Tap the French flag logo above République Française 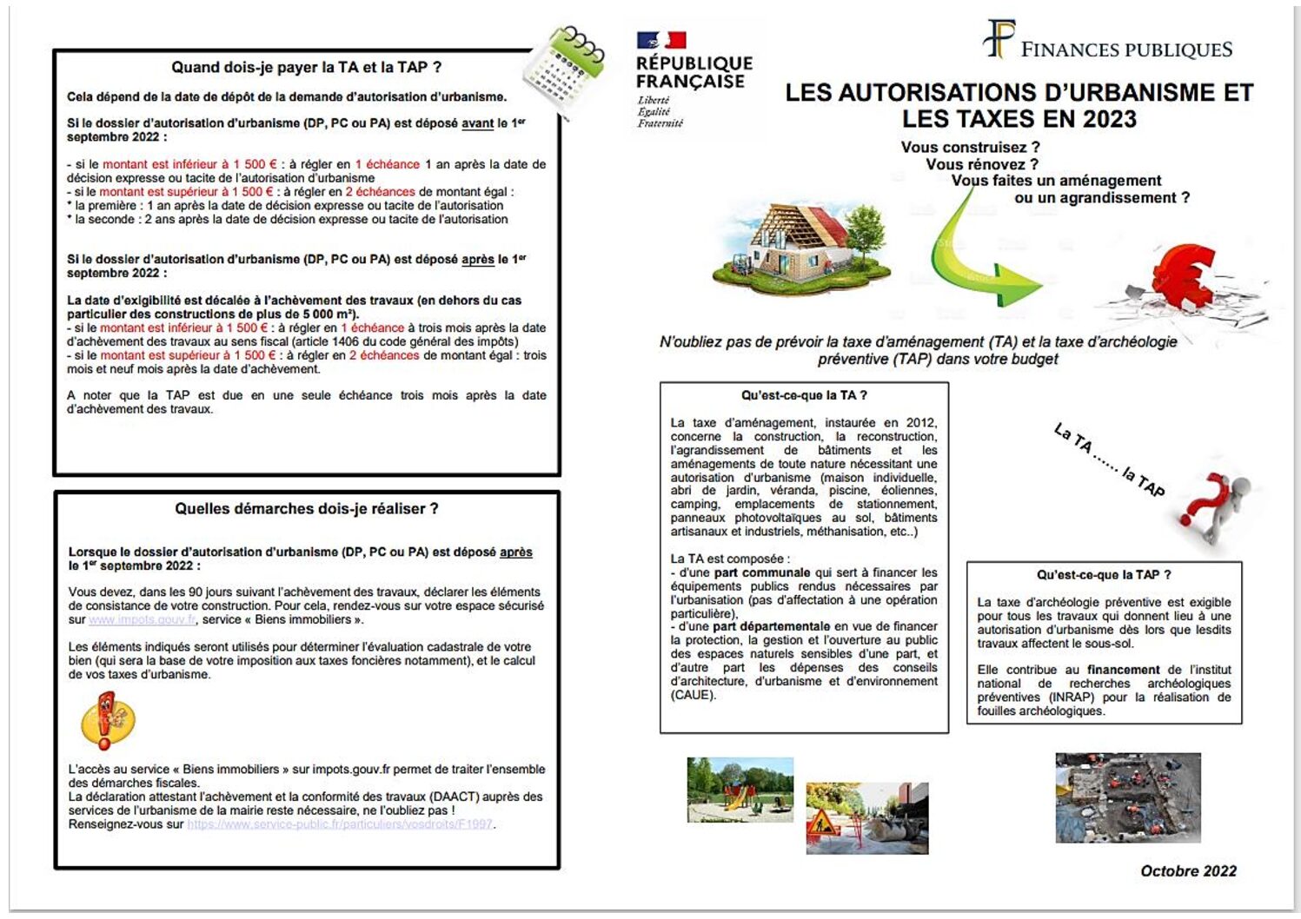(x=661, y=40)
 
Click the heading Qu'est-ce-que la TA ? (x=804, y=395)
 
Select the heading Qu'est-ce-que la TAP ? (x=1104, y=575)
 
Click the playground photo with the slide (x=740, y=790)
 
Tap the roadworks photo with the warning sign (x=866, y=817)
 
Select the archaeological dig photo (x=1127, y=797)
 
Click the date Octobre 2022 (x=1188, y=871)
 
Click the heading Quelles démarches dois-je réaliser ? (x=306, y=509)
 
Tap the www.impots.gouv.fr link (x=143, y=620)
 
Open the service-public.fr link (x=340, y=824)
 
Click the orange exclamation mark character (x=106, y=720)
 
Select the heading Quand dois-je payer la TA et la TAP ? (x=306, y=67)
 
